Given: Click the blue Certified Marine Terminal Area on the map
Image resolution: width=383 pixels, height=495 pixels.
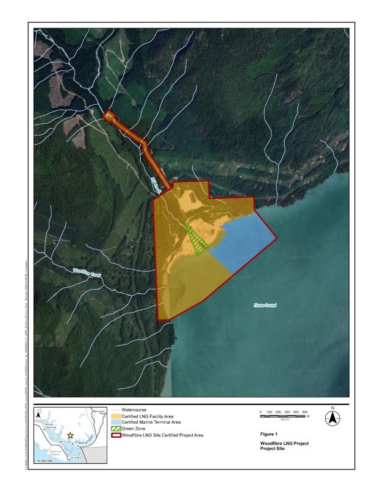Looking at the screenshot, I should (247, 244).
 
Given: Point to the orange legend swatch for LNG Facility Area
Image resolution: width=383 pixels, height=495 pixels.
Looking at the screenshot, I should (116, 416).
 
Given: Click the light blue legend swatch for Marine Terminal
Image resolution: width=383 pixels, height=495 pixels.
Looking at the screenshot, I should (116, 422).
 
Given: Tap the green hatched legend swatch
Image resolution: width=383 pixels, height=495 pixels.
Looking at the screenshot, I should (116, 429).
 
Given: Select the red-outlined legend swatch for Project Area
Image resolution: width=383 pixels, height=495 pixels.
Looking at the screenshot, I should (116, 435).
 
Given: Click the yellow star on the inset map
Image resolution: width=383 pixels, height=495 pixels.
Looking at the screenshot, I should (70, 435).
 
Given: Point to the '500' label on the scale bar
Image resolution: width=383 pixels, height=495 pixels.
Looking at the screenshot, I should (304, 412).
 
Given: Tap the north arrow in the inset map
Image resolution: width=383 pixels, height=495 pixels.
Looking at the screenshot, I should (38, 415).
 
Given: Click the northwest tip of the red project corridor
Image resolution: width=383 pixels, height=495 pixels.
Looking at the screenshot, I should (107, 114).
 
